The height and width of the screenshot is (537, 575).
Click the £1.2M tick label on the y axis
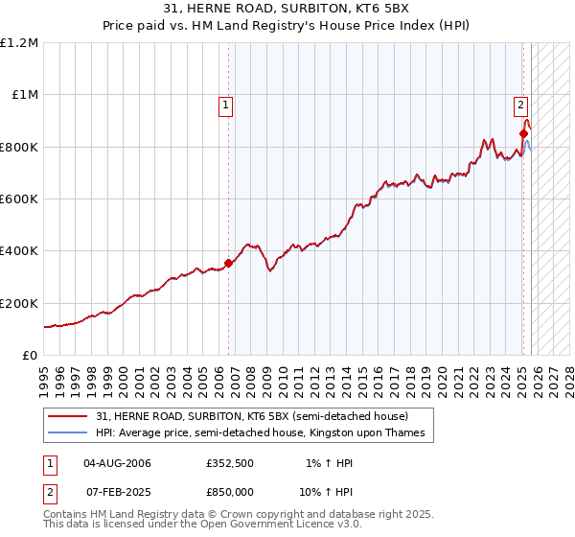click(19, 42)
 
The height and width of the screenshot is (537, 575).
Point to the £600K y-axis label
click(19, 198)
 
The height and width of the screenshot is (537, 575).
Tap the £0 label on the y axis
click(29, 355)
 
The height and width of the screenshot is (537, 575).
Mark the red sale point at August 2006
click(228, 263)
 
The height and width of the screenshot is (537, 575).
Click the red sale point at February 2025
click(523, 133)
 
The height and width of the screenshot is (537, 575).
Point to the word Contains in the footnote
click(67, 515)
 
